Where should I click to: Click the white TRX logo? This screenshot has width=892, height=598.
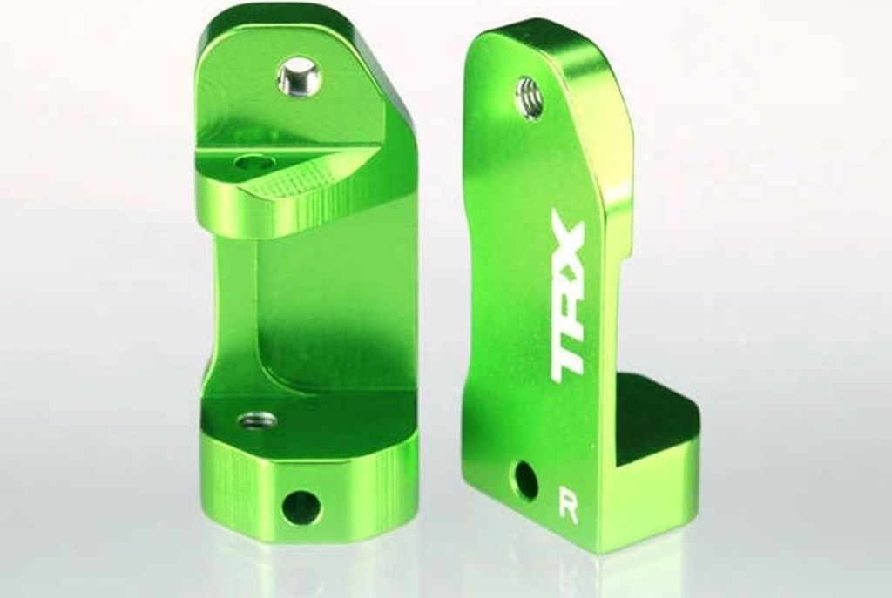point(567,296)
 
